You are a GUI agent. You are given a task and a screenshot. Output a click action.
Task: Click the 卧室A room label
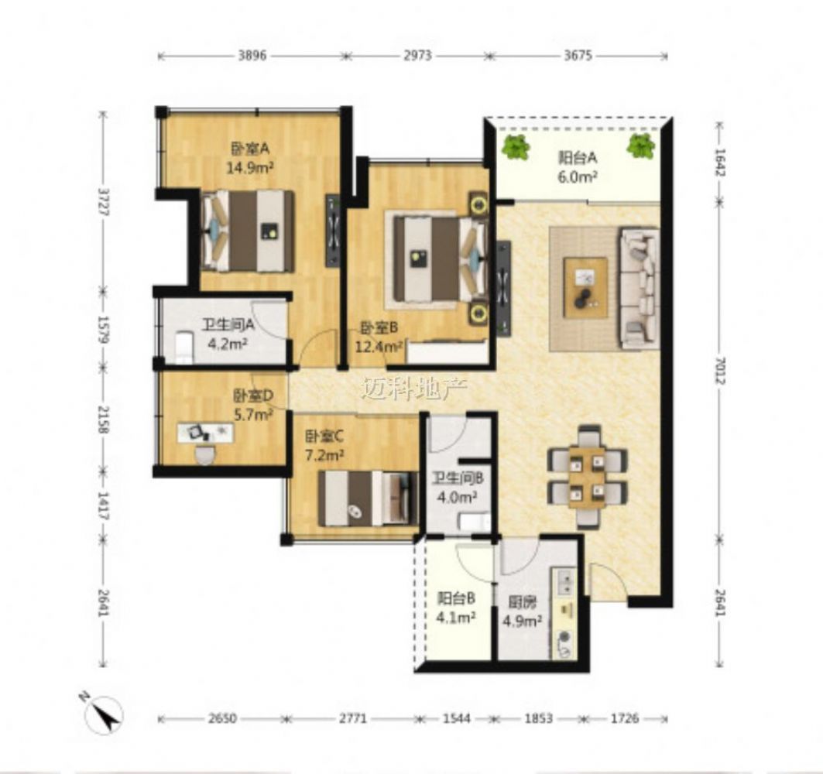coord(250,149)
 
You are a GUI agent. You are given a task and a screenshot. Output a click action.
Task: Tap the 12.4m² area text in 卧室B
coord(379,347)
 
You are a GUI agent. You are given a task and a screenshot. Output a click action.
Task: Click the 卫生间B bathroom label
coord(457,478)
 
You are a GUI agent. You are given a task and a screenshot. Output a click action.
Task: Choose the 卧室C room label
coord(324,436)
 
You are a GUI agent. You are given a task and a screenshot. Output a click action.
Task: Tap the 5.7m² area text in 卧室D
coord(253,415)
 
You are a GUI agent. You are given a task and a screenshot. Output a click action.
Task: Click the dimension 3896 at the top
coord(252,55)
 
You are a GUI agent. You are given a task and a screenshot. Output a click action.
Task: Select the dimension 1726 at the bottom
coord(624,717)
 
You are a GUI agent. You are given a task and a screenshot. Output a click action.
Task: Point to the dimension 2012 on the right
coord(719,371)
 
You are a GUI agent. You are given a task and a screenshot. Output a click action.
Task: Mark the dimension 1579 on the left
coord(104,330)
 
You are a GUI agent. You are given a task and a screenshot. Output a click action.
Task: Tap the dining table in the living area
coord(587,477)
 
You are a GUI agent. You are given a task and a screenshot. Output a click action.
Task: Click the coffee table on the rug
coord(586,287)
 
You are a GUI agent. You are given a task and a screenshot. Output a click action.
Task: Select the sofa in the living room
coord(639,288)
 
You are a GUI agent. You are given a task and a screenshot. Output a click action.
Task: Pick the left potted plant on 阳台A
coord(516,147)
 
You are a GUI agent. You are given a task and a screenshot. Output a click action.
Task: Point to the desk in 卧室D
coord(205,433)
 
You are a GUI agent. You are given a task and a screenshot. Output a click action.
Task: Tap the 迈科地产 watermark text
coord(414,389)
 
